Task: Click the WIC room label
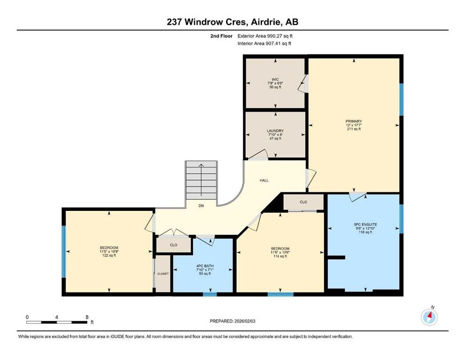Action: (x=275, y=80)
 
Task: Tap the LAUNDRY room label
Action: (x=275, y=131)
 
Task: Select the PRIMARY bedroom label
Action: (x=354, y=121)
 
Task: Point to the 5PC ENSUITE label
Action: (x=365, y=225)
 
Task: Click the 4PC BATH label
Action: (x=205, y=266)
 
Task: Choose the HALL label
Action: (x=264, y=180)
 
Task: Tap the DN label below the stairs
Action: (x=201, y=206)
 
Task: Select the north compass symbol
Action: (x=429, y=317)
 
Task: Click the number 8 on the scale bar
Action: (x=87, y=317)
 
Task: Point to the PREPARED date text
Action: (x=232, y=321)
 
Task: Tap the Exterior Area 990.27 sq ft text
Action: (x=265, y=36)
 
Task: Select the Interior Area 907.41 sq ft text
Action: (x=264, y=43)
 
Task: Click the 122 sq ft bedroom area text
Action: (x=109, y=255)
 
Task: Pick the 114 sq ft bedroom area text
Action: (x=280, y=256)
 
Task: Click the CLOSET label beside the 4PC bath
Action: (x=163, y=274)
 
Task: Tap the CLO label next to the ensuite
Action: (x=303, y=202)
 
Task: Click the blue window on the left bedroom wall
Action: (x=63, y=252)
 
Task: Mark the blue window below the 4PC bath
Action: (x=210, y=294)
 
